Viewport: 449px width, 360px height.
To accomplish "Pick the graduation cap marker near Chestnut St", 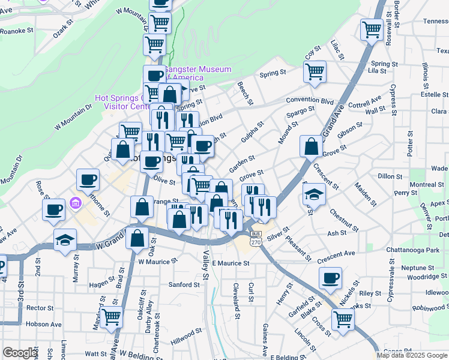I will (314, 194).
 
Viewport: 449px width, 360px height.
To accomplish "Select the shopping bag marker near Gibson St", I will (312, 145).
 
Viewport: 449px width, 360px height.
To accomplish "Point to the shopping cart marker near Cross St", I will (343, 319).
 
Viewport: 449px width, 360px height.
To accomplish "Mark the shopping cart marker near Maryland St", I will (110, 316).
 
